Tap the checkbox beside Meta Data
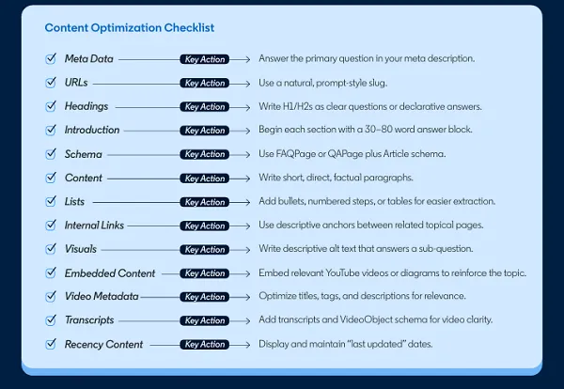50,58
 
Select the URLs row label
76,83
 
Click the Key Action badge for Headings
205,107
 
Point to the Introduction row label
92,130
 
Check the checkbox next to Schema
50,154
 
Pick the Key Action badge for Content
205,179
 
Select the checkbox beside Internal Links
50,226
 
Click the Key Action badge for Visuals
205,250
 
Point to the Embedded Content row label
110,273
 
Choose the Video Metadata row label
102,297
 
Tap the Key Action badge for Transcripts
205,320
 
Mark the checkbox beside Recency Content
50,345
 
